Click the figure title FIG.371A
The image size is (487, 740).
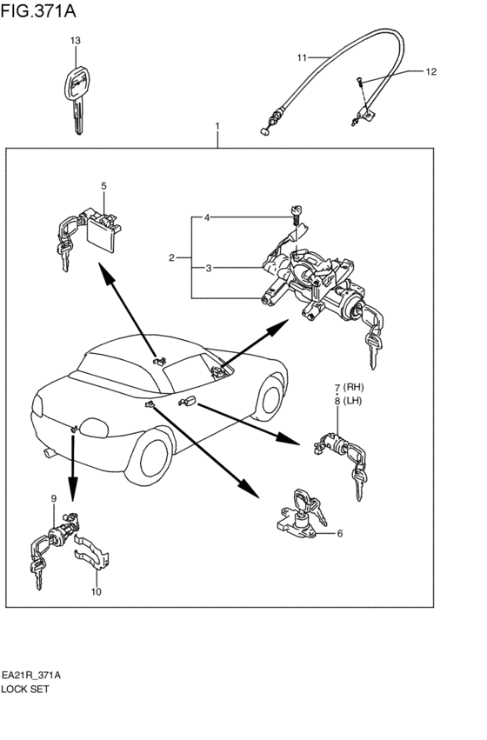tap(38, 10)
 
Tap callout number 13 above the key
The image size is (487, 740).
tap(75, 41)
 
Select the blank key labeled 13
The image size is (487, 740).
tap(76, 100)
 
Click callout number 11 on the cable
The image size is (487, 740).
tap(302, 57)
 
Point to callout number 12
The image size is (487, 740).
tap(430, 71)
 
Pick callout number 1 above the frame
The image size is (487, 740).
tap(217, 126)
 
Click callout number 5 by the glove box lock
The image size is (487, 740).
tap(103, 186)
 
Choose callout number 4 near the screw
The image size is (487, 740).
tap(207, 217)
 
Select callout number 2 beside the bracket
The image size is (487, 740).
tap(172, 257)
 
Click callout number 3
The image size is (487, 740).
tap(209, 268)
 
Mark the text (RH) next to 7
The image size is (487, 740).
tap(353, 388)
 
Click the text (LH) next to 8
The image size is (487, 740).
tap(352, 401)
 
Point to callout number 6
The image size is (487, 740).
tap(340, 533)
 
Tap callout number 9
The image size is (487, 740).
tap(54, 498)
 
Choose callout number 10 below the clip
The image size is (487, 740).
tap(97, 591)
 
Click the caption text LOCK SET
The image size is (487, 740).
tap(25, 689)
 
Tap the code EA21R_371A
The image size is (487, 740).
tap(30, 676)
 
